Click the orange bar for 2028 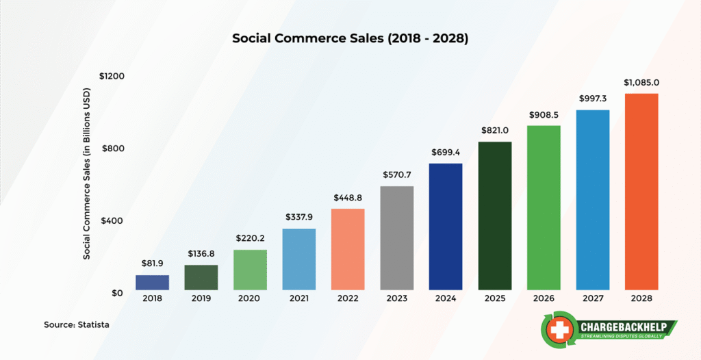pyautogui.click(x=641, y=192)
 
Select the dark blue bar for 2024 pyautogui.click(x=446, y=227)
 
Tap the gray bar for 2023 pyautogui.click(x=397, y=238)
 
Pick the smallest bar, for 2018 pyautogui.click(x=152, y=283)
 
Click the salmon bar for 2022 pyautogui.click(x=348, y=249)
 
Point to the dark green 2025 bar pyautogui.click(x=495, y=216)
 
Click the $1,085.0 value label pyautogui.click(x=641, y=83)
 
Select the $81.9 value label pyautogui.click(x=152, y=263)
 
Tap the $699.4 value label pyautogui.click(x=446, y=152)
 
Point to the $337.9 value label pyautogui.click(x=299, y=217)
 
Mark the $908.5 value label pyautogui.click(x=544, y=114)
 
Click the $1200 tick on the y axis pyautogui.click(x=111, y=76)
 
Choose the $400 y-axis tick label pyautogui.click(x=113, y=221)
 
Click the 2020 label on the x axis pyautogui.click(x=250, y=298)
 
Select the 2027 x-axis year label pyautogui.click(x=593, y=298)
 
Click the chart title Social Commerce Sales pyautogui.click(x=350, y=38)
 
